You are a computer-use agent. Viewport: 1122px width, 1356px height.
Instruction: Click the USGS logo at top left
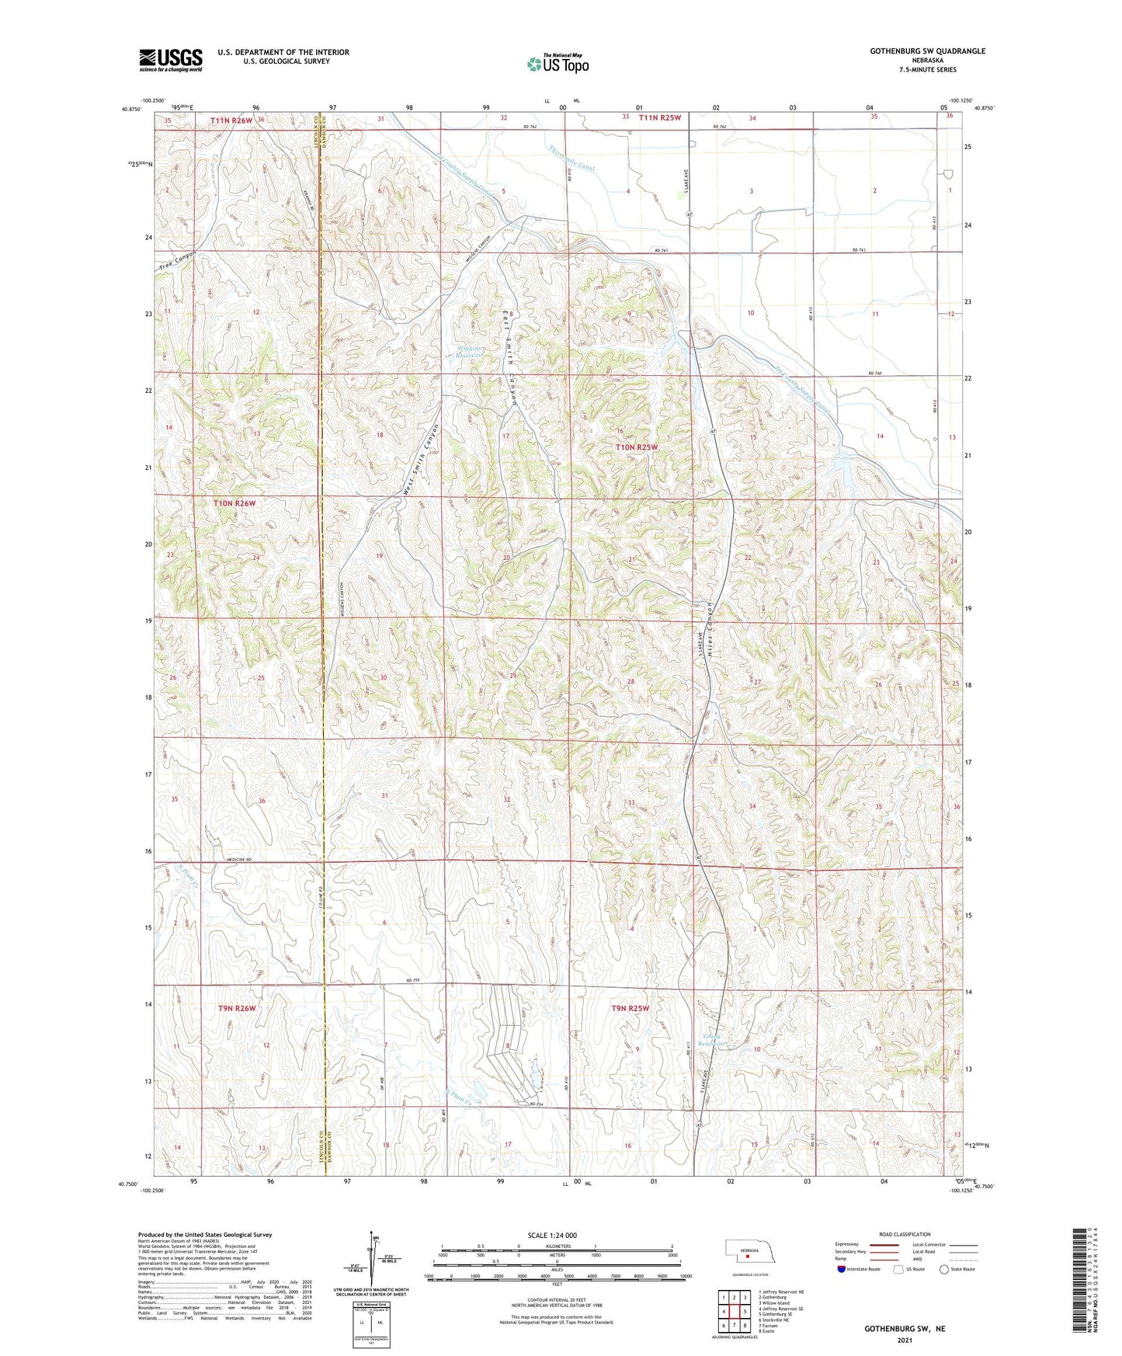tap(171, 60)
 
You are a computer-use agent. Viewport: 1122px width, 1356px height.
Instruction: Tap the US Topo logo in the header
tap(558, 64)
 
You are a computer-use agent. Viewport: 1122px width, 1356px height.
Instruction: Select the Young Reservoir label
tap(712, 1040)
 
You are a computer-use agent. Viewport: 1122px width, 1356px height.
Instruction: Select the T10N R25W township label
tap(637, 447)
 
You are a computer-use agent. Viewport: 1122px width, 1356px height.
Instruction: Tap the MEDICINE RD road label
tap(244, 859)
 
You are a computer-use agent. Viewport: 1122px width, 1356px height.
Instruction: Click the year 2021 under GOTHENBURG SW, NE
tap(905, 1340)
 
